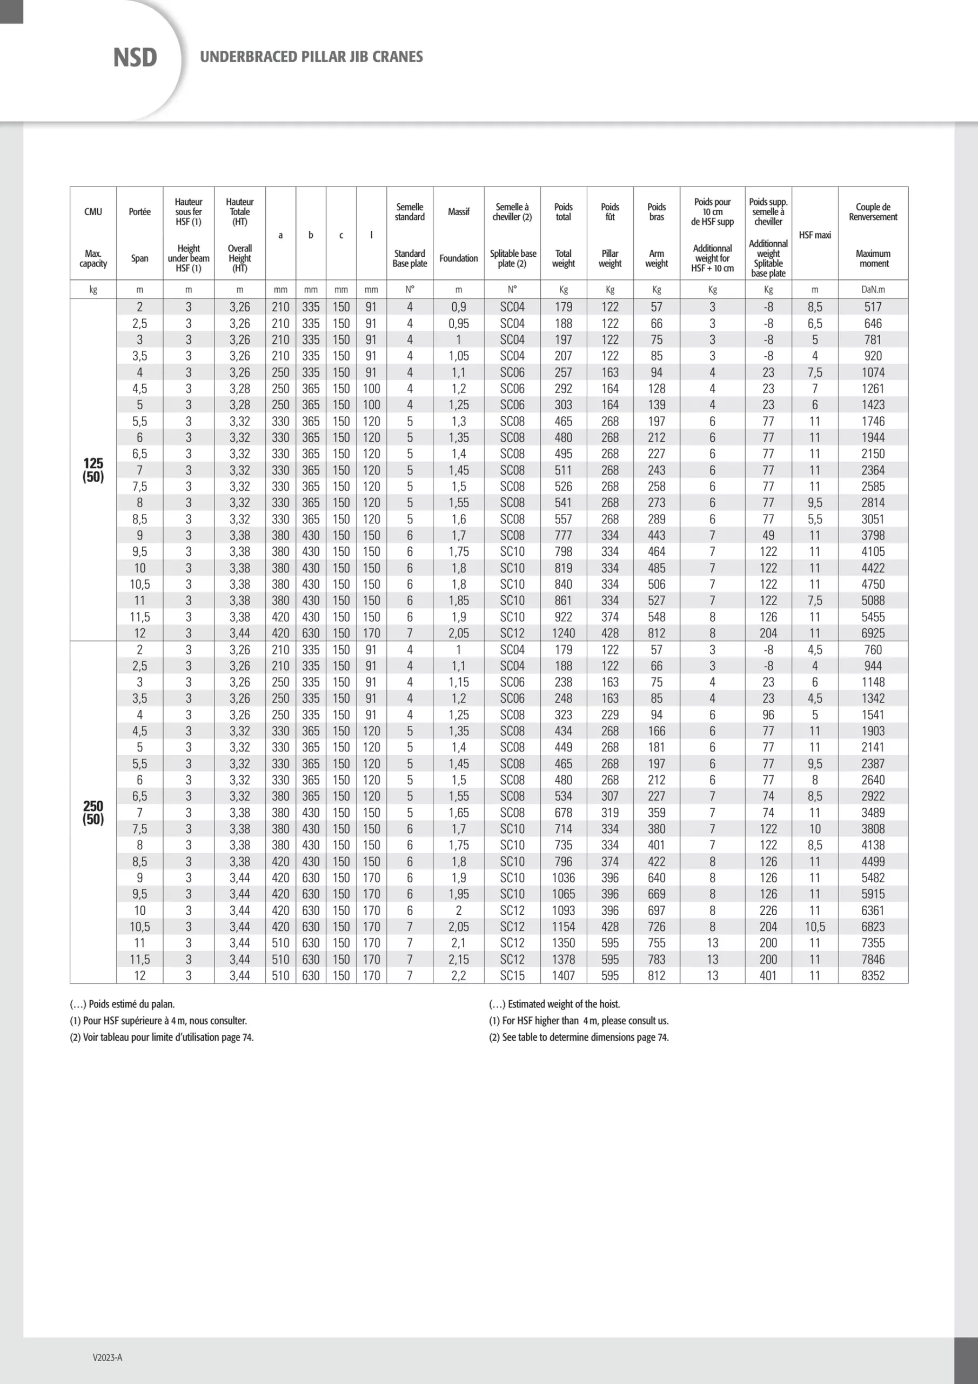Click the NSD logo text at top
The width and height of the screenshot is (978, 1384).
coord(135,58)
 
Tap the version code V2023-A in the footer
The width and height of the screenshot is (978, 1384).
coord(108,1357)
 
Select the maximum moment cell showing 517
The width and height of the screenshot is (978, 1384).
coord(873,307)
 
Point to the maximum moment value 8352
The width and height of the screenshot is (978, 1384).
coord(873,975)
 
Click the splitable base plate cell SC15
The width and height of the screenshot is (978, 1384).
coord(512,975)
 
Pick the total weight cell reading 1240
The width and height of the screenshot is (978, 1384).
coord(563,633)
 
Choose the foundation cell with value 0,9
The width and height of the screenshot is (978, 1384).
coord(458,307)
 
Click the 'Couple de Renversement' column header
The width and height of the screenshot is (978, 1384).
coord(873,211)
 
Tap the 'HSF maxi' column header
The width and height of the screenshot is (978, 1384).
coord(814,235)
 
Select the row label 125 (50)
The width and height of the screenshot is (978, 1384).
coord(93,470)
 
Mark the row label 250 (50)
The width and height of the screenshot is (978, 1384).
coord(93,813)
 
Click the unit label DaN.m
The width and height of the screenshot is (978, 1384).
coord(873,290)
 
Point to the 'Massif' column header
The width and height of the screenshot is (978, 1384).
coord(458,211)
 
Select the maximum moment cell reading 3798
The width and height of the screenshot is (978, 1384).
coord(873,535)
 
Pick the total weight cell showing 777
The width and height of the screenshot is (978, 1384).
coord(563,535)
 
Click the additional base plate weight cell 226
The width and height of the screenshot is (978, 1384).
coord(768,910)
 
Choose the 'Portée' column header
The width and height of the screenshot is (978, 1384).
coord(139,211)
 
